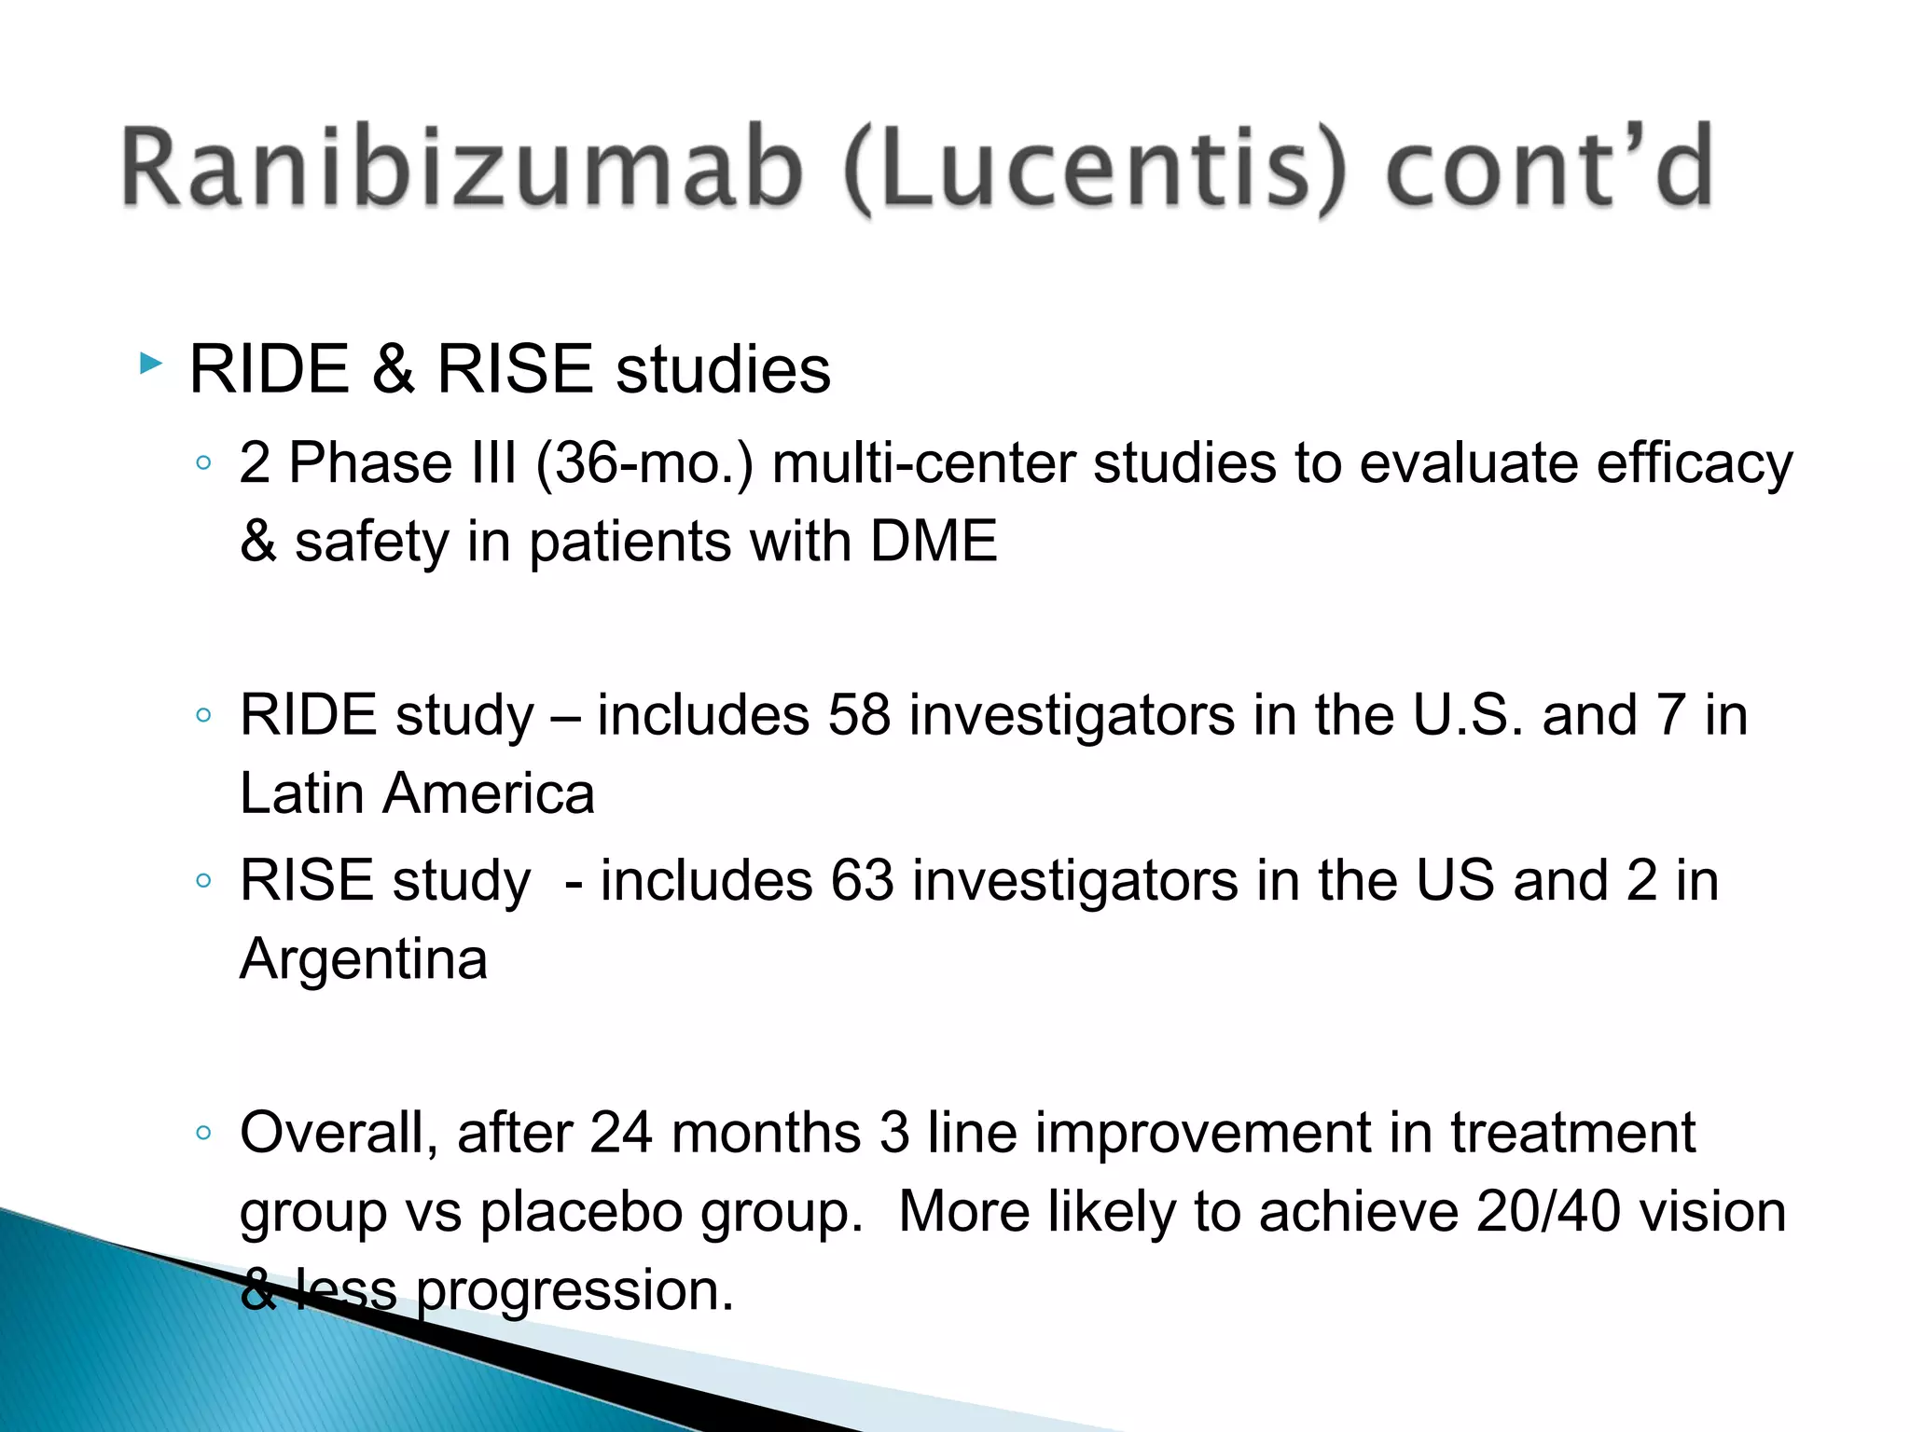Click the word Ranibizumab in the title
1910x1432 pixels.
[x=462, y=168]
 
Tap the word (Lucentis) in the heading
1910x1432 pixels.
[x=1095, y=170]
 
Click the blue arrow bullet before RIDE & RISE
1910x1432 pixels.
[x=150, y=363]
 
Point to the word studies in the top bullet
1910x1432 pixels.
[x=723, y=369]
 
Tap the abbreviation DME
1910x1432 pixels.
[x=934, y=542]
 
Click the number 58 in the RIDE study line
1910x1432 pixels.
[x=859, y=715]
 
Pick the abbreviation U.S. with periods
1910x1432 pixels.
[x=1468, y=715]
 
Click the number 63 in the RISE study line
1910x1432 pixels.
[x=863, y=880]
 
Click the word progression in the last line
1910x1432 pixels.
[x=574, y=1292]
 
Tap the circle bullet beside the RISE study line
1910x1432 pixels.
[x=203, y=880]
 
